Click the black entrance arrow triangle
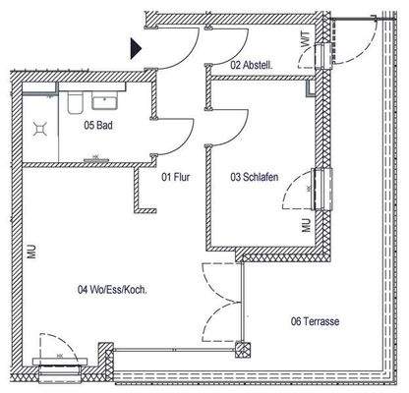click(x=136, y=46)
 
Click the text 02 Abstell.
click(x=251, y=65)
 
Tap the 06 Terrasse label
click(x=316, y=320)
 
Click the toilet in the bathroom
click(x=76, y=102)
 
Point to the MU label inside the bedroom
click(x=306, y=225)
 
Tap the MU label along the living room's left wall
click(x=32, y=253)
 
